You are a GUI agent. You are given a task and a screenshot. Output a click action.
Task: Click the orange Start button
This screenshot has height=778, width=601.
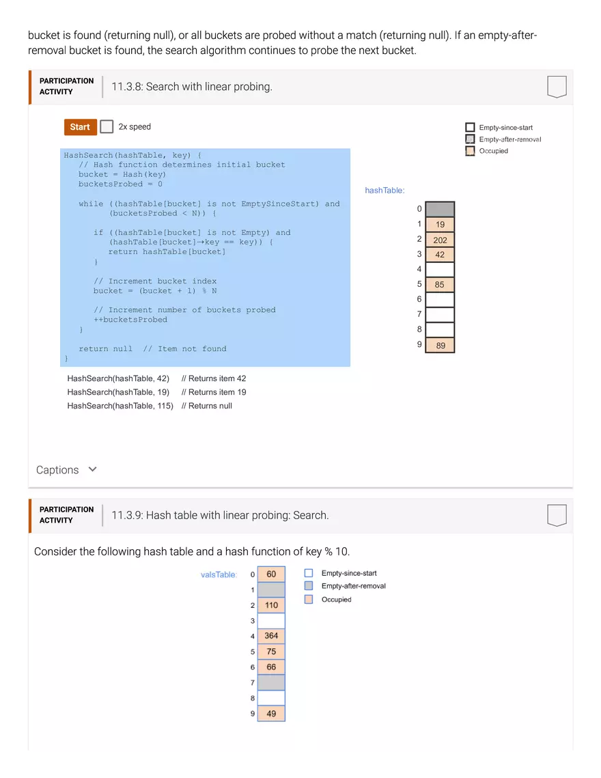[x=80, y=127]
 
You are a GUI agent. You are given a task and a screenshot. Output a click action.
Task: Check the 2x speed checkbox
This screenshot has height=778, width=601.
[x=107, y=127]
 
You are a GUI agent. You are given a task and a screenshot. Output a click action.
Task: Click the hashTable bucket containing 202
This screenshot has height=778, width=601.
[x=440, y=240]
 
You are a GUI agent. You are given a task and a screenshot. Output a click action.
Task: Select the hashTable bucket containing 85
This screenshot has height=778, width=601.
[x=440, y=285]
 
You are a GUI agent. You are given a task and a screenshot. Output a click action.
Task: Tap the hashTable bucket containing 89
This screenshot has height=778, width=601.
[x=440, y=346]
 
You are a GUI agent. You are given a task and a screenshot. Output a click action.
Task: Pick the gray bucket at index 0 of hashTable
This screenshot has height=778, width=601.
[x=440, y=209]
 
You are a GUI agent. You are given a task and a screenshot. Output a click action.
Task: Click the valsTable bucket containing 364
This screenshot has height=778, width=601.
[x=271, y=636]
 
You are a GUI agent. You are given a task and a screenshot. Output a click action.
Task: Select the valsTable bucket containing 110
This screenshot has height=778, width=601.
[x=271, y=605]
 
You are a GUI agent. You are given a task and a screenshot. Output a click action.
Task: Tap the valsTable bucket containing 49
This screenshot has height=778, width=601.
[x=271, y=713]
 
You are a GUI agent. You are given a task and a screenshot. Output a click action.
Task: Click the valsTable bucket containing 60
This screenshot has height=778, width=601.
[x=271, y=574]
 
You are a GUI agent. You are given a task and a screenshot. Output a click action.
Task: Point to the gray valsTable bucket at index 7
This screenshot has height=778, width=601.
[x=271, y=682]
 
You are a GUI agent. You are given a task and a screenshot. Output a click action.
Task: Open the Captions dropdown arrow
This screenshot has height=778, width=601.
[x=93, y=469]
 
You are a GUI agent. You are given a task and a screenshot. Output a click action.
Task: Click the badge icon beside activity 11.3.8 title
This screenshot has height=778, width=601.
[x=557, y=87]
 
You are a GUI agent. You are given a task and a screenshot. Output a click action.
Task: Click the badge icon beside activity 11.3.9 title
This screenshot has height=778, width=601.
[x=557, y=516]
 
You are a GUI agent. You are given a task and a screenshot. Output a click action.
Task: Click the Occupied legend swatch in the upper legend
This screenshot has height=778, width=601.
[x=470, y=151]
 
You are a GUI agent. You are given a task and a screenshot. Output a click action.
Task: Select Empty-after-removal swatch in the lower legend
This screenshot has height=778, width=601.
[x=309, y=586]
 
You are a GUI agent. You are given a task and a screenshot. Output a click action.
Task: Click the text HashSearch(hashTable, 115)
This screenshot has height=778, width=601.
[x=120, y=406]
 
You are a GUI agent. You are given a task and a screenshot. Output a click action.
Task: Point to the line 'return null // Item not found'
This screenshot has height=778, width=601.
[x=152, y=348]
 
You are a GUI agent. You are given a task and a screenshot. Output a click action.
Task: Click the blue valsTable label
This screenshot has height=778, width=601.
[x=219, y=574]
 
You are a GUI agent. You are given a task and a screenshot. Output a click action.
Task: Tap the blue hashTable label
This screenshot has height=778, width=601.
[x=385, y=191]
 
